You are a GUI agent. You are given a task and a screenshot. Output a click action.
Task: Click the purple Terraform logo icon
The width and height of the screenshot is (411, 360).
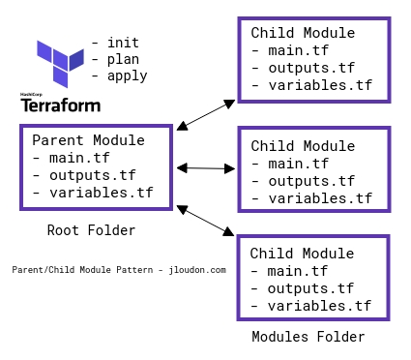click(59, 59)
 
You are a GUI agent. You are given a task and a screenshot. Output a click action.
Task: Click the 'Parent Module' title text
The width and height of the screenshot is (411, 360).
click(88, 140)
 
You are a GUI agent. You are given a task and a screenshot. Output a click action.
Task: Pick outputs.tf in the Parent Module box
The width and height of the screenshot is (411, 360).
click(86, 175)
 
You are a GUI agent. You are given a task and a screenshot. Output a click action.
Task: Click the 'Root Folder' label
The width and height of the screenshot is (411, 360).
click(91, 230)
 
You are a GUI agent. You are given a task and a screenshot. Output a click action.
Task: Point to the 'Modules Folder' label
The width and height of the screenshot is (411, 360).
click(308, 337)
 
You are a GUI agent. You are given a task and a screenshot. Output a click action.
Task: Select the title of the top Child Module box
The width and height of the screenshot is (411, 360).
click(303, 33)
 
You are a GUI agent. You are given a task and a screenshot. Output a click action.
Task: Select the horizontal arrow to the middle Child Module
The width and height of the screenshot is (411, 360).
click(205, 168)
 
